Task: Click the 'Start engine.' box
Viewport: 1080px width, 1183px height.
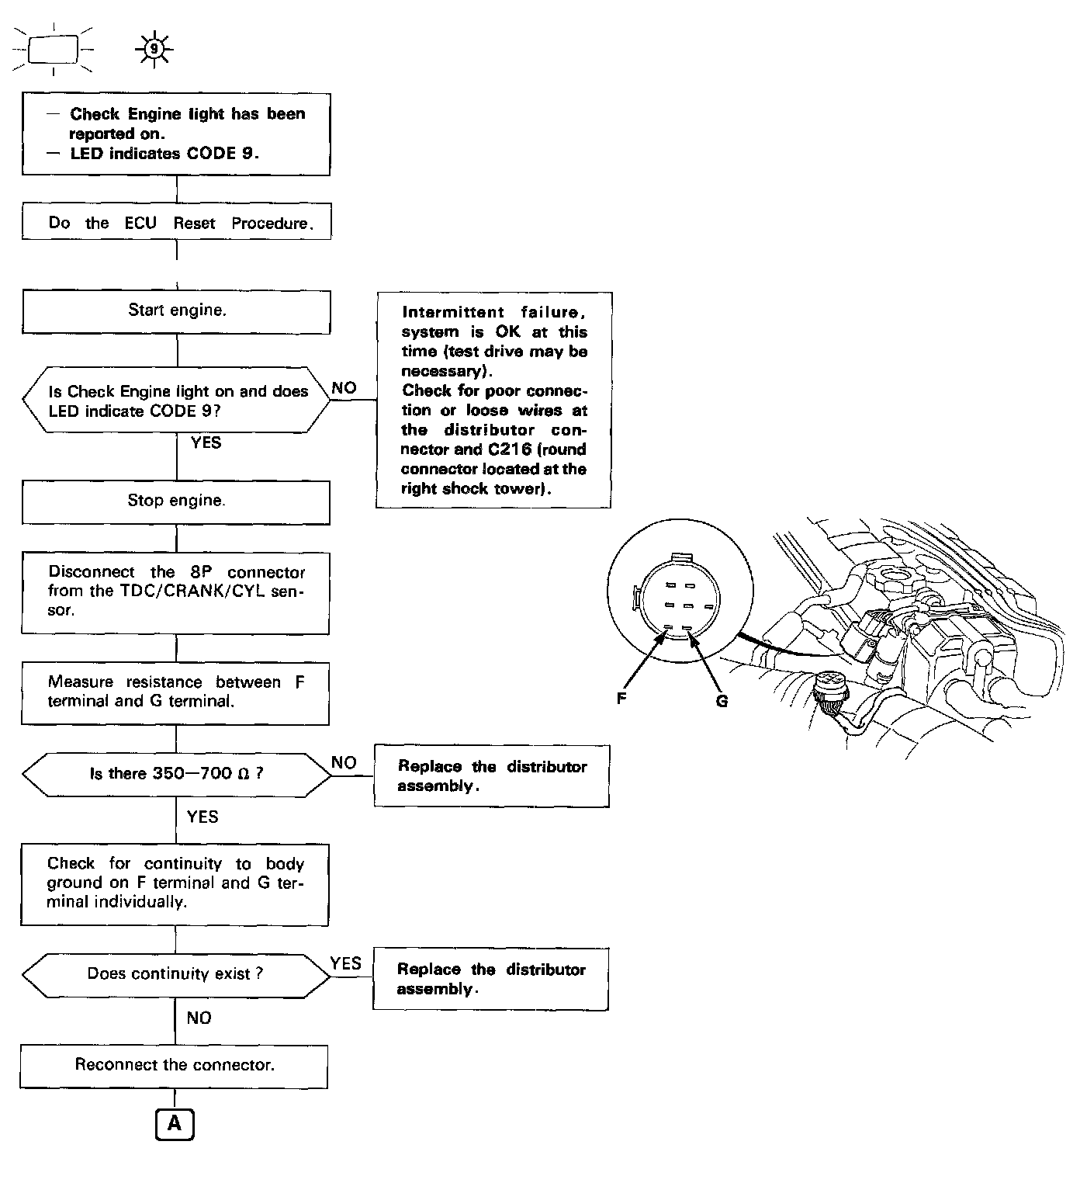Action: (x=177, y=311)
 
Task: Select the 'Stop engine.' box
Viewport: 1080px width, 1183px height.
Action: (x=176, y=501)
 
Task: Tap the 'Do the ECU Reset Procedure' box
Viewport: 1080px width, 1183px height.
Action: (x=177, y=223)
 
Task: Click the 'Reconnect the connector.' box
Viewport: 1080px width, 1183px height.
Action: (x=175, y=1065)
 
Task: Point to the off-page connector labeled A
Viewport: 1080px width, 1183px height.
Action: (x=175, y=1124)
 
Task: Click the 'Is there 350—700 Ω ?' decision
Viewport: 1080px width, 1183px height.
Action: (x=176, y=774)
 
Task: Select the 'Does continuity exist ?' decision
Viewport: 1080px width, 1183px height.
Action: (x=175, y=974)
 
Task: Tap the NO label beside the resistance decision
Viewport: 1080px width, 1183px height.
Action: (x=344, y=763)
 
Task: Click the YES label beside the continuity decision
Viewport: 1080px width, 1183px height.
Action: (x=345, y=963)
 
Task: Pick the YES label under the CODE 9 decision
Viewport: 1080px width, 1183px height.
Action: (x=206, y=443)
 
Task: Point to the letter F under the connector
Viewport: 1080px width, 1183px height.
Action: (x=621, y=699)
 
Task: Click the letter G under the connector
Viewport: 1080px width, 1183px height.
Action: (x=722, y=702)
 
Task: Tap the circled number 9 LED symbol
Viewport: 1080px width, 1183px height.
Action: (x=154, y=49)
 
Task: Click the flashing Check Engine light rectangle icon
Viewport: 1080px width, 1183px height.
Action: (x=54, y=50)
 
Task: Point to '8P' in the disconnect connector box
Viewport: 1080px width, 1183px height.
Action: (x=201, y=573)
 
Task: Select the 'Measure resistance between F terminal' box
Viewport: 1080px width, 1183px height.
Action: (x=175, y=692)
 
